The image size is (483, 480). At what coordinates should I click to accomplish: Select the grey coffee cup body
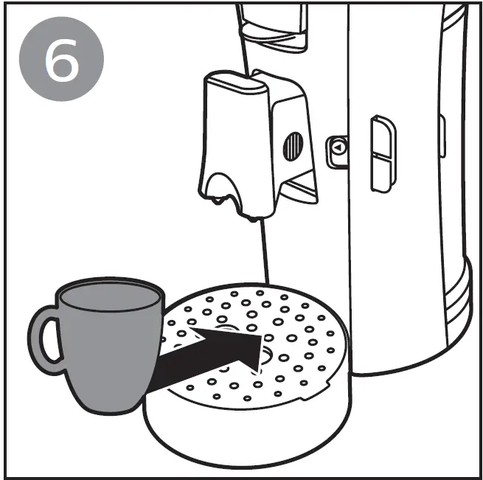(111, 354)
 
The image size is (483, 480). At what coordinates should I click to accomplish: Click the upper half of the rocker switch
(383, 136)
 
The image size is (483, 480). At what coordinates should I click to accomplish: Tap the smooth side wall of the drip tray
(243, 435)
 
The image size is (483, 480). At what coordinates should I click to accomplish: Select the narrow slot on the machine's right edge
(442, 136)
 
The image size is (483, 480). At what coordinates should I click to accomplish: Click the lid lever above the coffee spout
(273, 26)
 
